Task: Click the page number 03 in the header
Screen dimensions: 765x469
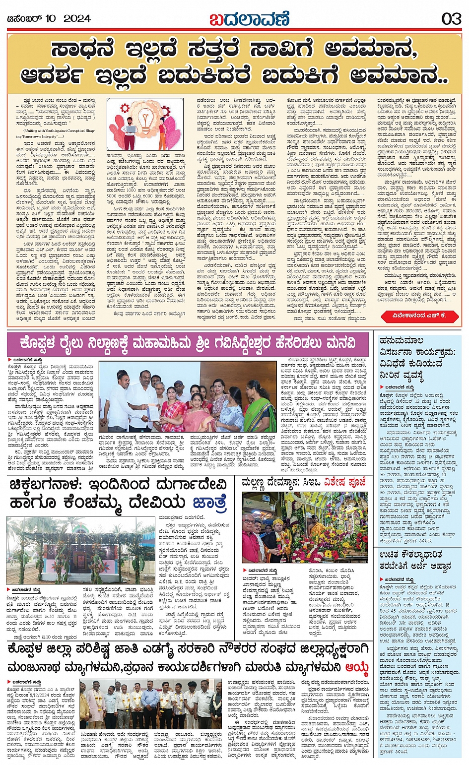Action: pyautogui.click(x=451, y=19)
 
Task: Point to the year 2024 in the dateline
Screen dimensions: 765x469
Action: pyautogui.click(x=77, y=19)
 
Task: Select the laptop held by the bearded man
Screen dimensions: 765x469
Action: pyautogui.click(x=131, y=130)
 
